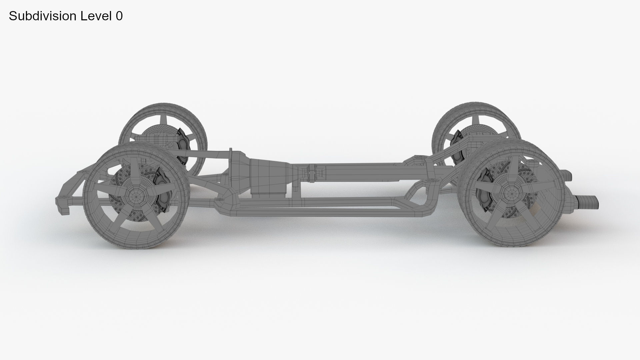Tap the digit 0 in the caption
pyautogui.click(x=119, y=16)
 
